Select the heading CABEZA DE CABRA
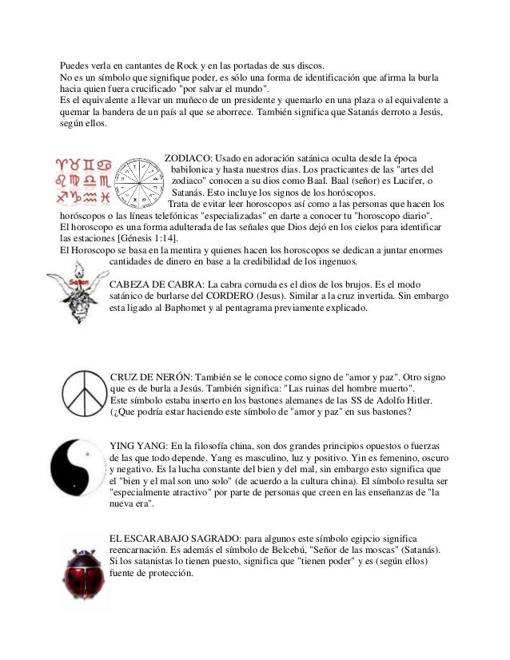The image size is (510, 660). (155, 284)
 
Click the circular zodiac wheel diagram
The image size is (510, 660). (137, 181)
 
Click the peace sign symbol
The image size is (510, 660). (82, 392)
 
